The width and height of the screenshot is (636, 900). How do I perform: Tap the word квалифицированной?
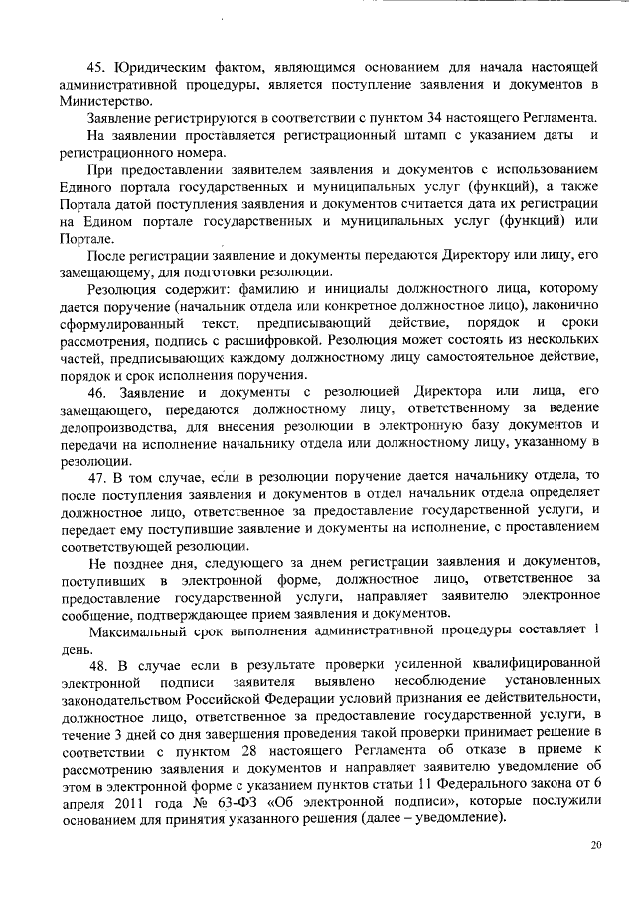[x=533, y=662]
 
